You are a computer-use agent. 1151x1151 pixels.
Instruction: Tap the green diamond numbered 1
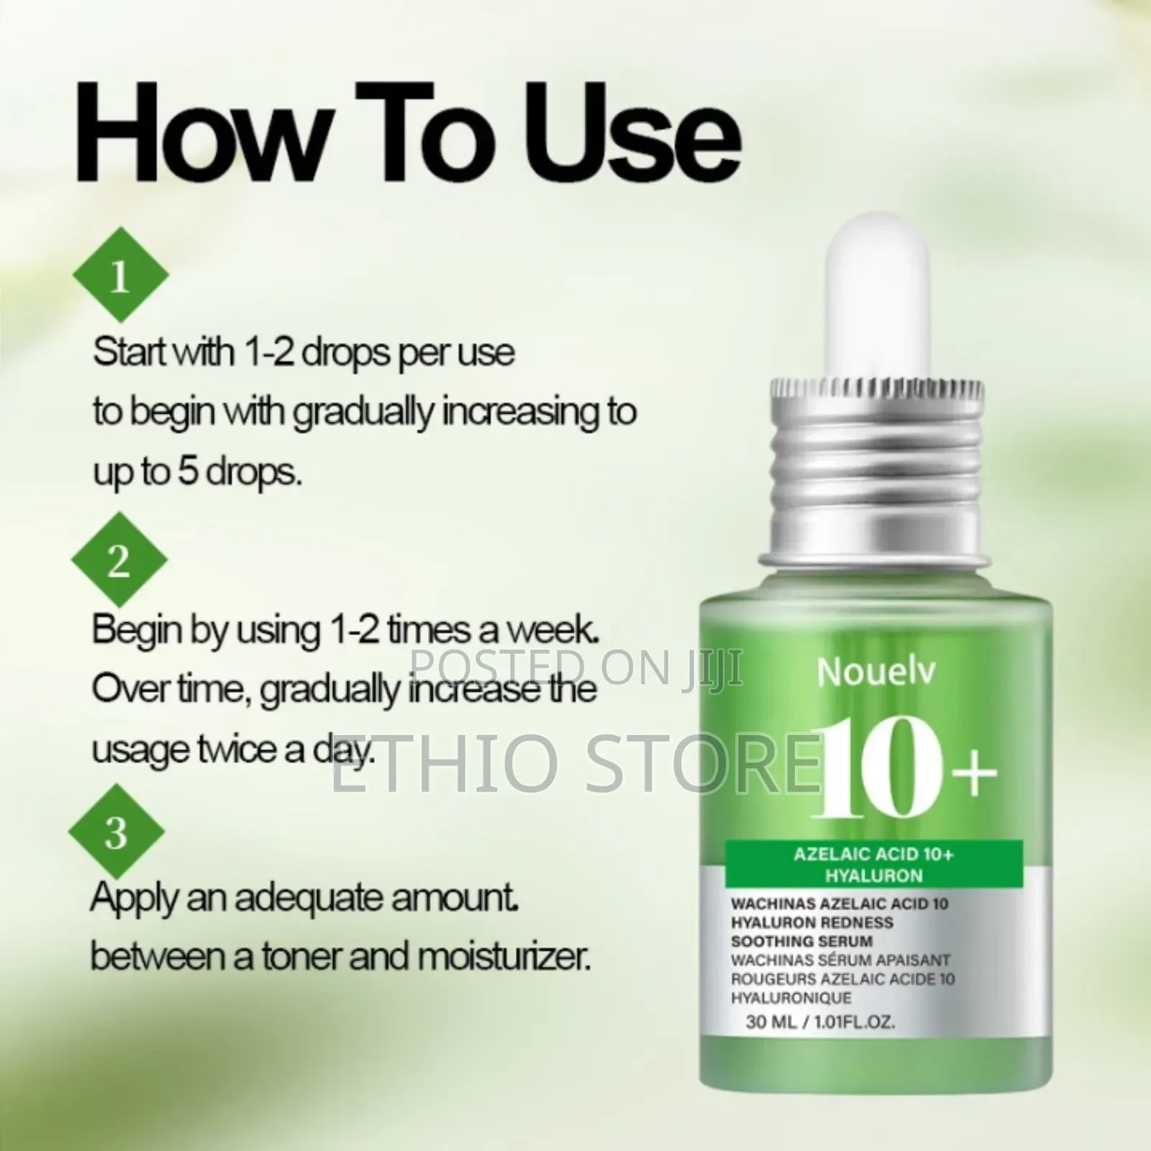[x=120, y=275]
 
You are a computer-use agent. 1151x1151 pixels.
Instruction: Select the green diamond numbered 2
[x=119, y=560]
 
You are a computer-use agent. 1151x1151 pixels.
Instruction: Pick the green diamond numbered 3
[x=117, y=832]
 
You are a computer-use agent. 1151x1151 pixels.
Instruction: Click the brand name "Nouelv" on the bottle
[x=876, y=673]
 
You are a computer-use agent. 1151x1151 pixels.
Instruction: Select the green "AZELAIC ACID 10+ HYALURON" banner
[x=873, y=865]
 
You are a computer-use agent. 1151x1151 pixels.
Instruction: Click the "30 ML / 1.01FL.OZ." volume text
[x=820, y=1022]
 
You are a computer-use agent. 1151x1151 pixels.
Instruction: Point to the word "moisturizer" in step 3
[x=504, y=957]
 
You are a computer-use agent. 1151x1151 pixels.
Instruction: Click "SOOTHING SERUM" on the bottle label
[x=801, y=941]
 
